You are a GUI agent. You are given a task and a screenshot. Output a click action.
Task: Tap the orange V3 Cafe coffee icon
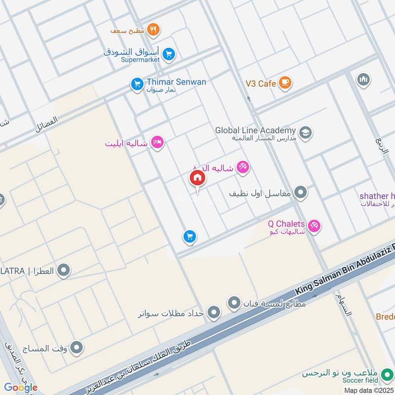(285, 83)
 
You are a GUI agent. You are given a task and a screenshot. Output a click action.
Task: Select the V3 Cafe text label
(261, 83)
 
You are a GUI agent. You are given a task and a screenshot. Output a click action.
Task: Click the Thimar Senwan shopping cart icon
(137, 84)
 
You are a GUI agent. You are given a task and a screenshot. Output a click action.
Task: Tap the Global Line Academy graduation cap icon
(306, 133)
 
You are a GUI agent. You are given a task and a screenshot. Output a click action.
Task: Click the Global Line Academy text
(255, 130)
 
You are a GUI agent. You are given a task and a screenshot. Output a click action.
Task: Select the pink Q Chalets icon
(314, 227)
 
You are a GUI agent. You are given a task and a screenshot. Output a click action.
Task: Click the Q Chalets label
(287, 223)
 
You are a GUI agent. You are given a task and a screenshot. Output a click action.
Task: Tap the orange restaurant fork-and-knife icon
(154, 30)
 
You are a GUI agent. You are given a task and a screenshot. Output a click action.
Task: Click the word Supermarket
(141, 60)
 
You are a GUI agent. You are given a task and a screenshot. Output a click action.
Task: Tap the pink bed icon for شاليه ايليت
(158, 143)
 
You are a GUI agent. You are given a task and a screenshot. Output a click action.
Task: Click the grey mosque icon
(364, 79)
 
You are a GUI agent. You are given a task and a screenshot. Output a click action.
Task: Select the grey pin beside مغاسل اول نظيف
(300, 193)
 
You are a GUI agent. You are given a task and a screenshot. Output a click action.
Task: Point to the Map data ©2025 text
(369, 390)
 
